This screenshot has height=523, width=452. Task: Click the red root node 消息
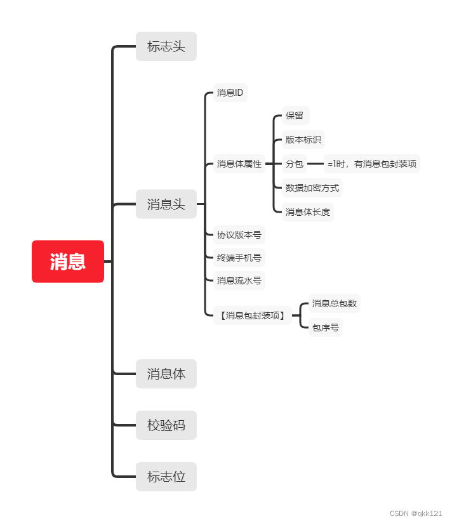68,261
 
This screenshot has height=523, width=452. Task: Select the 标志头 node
166,46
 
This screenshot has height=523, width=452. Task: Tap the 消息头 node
166,204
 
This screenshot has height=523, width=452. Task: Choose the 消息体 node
166,374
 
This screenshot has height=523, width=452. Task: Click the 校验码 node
166,425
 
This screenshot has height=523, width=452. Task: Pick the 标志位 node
166,477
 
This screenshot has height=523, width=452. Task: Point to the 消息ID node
230,93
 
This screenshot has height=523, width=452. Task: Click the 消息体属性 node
239,164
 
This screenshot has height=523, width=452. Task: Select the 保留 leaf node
295,116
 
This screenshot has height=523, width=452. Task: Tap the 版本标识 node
303,140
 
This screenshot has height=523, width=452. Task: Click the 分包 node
295,164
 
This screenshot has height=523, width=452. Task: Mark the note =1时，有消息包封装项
372,164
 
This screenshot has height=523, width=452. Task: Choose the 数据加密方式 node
312,188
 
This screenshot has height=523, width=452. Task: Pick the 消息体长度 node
308,212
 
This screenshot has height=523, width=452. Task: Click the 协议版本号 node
239,235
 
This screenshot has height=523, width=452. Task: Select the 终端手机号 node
239,258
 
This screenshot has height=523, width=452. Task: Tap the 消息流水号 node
239,281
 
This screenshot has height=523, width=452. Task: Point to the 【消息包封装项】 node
253,315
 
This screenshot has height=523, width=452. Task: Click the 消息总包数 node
334,303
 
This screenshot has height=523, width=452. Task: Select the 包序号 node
326,328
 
